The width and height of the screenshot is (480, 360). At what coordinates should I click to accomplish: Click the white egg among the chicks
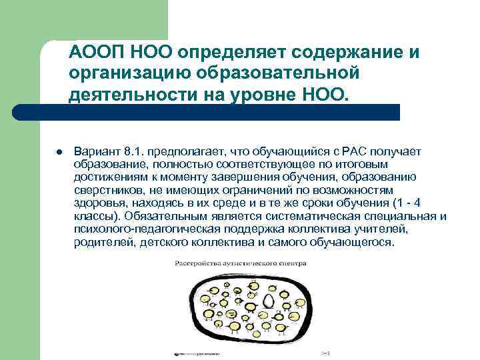click(268, 301)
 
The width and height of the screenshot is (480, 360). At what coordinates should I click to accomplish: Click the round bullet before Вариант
click(60, 152)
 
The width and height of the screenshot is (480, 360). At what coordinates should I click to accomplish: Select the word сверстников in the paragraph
click(105, 190)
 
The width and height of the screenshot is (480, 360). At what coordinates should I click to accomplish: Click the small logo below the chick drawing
click(193, 353)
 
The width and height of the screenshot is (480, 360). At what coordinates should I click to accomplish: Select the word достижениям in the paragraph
click(109, 177)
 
